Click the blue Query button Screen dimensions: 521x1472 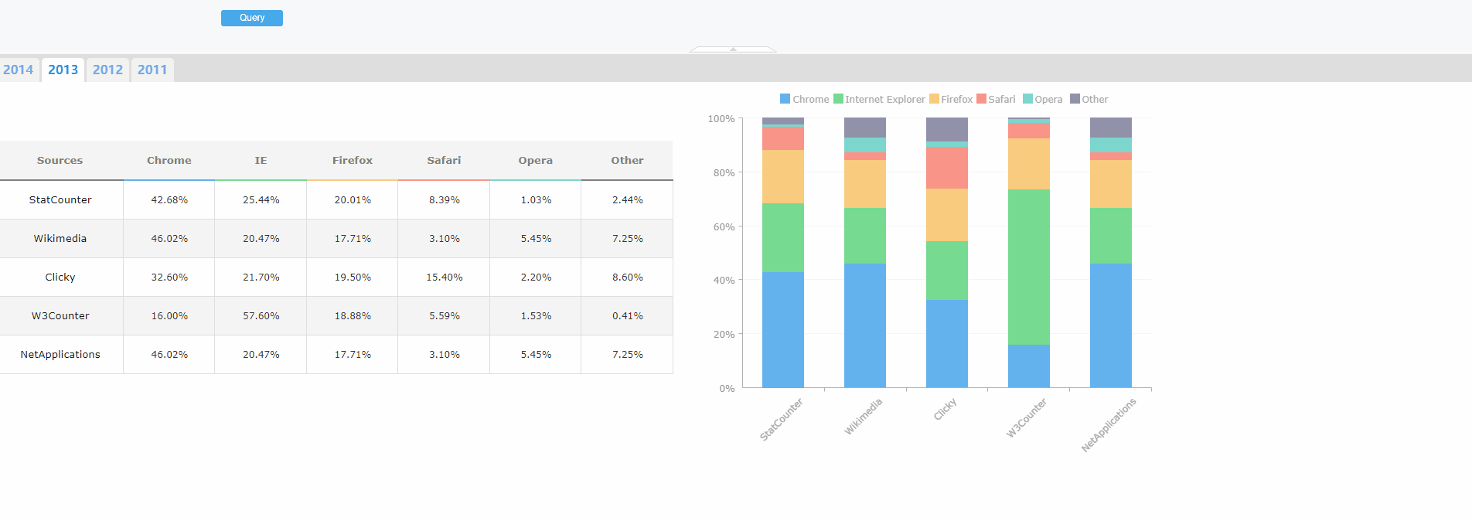click(251, 18)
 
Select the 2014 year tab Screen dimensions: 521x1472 click(19, 70)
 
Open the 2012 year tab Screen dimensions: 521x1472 click(107, 70)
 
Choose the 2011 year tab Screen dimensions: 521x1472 click(152, 70)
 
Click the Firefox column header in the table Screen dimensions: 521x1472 click(353, 160)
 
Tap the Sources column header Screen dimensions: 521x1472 click(60, 160)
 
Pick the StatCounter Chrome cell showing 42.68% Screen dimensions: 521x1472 click(169, 199)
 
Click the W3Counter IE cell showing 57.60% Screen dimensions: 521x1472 click(261, 315)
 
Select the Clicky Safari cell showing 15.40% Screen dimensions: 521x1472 click(444, 277)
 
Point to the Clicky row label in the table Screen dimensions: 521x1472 click(60, 277)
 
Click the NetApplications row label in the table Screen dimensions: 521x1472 click(60, 354)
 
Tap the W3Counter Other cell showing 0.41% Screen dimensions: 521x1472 click(627, 315)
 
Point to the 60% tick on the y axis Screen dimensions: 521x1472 click(724, 226)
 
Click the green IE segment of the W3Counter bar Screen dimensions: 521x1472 click(1029, 267)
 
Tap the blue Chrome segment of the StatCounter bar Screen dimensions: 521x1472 click(783, 329)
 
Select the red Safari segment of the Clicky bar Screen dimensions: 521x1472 click(947, 168)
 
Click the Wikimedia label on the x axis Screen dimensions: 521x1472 click(863, 417)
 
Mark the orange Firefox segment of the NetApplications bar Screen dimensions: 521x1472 click(1111, 184)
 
